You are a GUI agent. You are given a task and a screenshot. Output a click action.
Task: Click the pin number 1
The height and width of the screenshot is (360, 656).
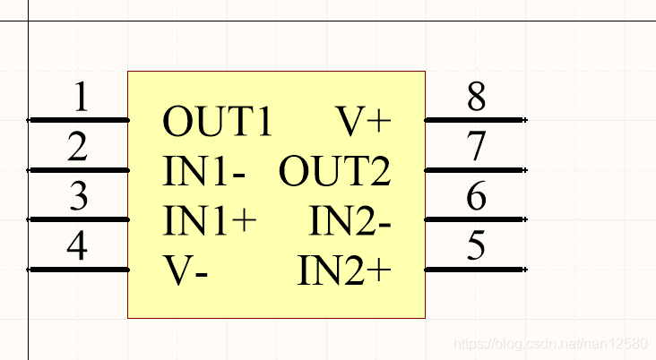tap(81, 98)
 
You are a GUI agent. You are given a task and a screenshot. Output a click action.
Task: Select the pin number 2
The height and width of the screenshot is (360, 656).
tap(79, 148)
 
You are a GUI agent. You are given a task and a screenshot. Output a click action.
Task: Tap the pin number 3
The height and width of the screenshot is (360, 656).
tap(80, 197)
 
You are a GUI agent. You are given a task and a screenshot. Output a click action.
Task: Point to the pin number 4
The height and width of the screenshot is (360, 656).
tap(79, 247)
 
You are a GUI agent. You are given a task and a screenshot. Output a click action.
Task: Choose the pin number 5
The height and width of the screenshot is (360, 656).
tap(476, 247)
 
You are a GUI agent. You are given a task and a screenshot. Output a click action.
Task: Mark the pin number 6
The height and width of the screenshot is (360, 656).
tap(476, 197)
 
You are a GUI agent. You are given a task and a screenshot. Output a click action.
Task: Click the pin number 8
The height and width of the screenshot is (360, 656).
tap(476, 98)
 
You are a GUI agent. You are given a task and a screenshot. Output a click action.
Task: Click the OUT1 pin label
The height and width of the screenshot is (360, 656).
tap(218, 121)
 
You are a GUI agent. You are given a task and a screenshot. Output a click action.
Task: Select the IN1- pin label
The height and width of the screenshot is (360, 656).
tap(204, 171)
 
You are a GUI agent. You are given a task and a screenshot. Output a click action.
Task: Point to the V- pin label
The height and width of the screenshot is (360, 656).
tap(186, 270)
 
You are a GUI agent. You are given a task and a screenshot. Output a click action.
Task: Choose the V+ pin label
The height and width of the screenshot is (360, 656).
tap(364, 121)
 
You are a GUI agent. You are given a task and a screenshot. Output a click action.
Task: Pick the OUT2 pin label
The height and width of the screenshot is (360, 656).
tap(335, 171)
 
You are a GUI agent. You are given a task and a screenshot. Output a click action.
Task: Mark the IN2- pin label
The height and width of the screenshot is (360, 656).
tap(350, 220)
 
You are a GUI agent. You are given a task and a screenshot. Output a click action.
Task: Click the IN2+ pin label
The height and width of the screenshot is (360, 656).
tap(345, 270)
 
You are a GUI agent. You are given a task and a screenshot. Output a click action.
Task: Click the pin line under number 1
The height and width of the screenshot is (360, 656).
tap(79, 119)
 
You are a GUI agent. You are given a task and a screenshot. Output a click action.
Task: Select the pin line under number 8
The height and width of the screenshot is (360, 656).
tap(474, 119)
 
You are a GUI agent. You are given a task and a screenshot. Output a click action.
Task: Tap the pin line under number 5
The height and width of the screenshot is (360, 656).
tap(474, 270)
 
